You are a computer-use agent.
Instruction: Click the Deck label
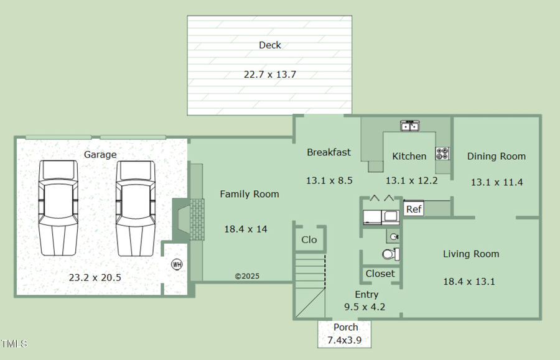pyautogui.click(x=269, y=45)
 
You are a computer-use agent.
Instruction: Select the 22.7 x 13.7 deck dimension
pyautogui.click(x=269, y=74)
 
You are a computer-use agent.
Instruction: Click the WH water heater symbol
pyautogui.click(x=177, y=264)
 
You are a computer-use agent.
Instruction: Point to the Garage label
pyautogui.click(x=100, y=154)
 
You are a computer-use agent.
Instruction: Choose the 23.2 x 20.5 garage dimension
pyautogui.click(x=95, y=277)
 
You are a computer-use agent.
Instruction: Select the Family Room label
pyautogui.click(x=249, y=194)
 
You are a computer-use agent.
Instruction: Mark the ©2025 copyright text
pyautogui.click(x=247, y=276)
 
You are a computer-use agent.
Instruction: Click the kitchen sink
pyautogui.click(x=409, y=126)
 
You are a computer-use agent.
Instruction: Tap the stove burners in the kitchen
pyautogui.click(x=442, y=154)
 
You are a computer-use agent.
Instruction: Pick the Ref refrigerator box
pyautogui.click(x=414, y=209)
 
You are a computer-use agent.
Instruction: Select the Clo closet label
pyautogui.click(x=309, y=239)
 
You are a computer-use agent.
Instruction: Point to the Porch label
pyautogui.click(x=345, y=327)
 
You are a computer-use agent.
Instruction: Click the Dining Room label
pyautogui.click(x=496, y=156)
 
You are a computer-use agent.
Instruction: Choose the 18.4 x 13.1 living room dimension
pyautogui.click(x=469, y=281)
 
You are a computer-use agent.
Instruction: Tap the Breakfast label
pyautogui.click(x=329, y=152)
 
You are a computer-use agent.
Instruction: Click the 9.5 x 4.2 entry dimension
pyautogui.click(x=365, y=307)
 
